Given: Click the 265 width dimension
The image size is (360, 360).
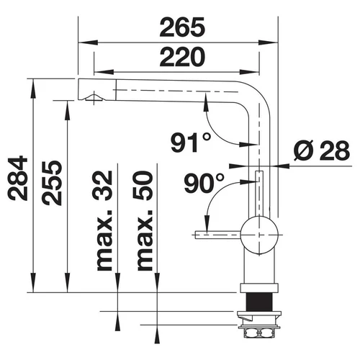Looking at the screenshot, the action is click(182, 27).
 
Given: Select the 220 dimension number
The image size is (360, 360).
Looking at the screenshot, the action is click(182, 57).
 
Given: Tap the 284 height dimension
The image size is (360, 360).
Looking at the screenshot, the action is click(18, 178).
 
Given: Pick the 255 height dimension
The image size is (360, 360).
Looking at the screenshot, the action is click(52, 183).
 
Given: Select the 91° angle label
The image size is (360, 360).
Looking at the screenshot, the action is click(191, 143).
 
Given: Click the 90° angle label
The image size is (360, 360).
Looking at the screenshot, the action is click(204, 183).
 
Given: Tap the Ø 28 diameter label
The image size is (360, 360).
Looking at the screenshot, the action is click(322, 150).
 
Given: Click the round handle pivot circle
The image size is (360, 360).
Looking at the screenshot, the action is click(259, 235).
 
